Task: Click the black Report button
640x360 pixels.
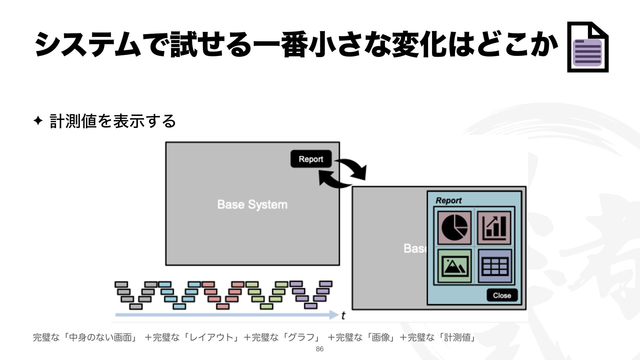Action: click(311, 159)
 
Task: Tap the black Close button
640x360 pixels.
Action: click(502, 295)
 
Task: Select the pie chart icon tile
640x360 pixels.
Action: click(454, 228)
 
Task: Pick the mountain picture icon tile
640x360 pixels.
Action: click(454, 266)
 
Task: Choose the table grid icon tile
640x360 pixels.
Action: click(495, 266)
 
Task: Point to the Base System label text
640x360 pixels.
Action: click(252, 204)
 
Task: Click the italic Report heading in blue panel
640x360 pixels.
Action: click(448, 200)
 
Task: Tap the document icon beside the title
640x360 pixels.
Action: click(588, 47)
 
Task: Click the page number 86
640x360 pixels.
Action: click(320, 349)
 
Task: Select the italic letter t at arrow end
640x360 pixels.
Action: click(343, 315)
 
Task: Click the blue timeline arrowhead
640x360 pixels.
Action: click(334, 315)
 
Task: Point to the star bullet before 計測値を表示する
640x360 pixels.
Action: click(38, 121)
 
